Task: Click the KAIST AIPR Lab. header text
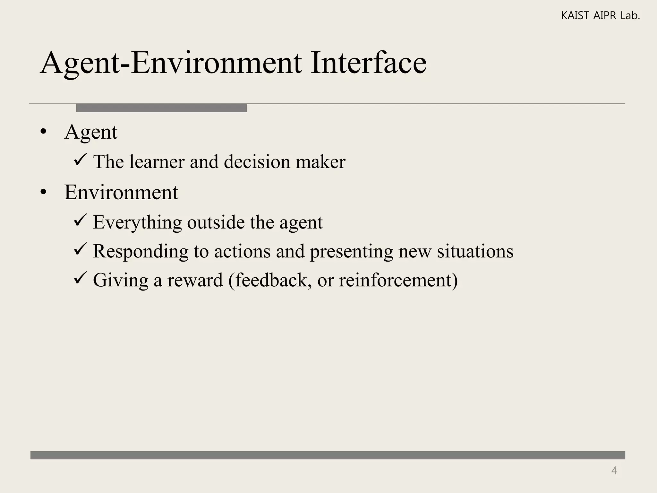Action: tap(600, 16)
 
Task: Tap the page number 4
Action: tap(614, 471)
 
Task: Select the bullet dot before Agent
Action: tap(44, 132)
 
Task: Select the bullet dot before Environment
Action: tap(44, 193)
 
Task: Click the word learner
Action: tap(157, 161)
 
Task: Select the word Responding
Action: tap(141, 251)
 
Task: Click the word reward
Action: tap(195, 280)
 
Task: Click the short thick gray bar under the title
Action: tap(161, 108)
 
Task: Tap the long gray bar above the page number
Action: tap(328, 455)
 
